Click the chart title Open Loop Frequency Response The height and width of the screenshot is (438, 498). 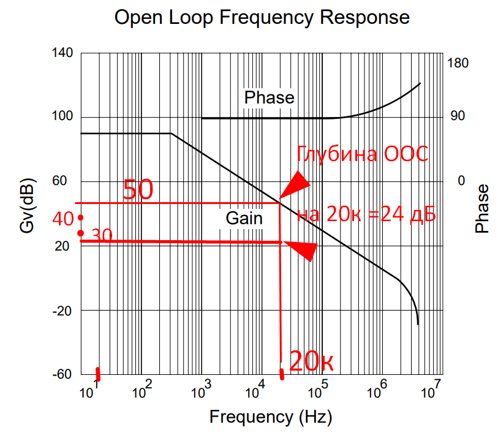click(x=262, y=17)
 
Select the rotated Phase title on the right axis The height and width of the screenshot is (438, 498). click(x=483, y=208)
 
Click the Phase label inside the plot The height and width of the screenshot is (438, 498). click(x=269, y=97)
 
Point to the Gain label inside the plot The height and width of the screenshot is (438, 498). click(x=244, y=218)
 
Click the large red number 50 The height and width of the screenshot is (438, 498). click(x=138, y=191)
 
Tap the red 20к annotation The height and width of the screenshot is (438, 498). click(x=311, y=362)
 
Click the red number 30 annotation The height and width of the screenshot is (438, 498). click(x=102, y=236)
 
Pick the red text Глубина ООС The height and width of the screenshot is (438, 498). click(x=362, y=154)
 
